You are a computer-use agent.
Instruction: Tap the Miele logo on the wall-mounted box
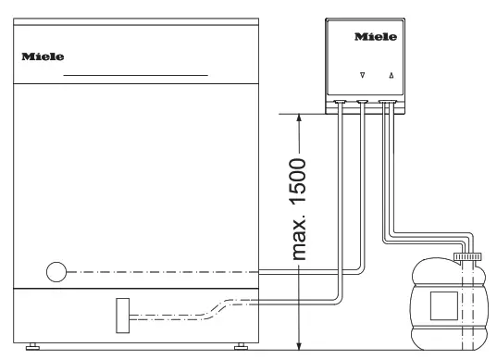pyautogui.click(x=376, y=38)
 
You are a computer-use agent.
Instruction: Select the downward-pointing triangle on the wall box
pyautogui.click(x=362, y=76)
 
